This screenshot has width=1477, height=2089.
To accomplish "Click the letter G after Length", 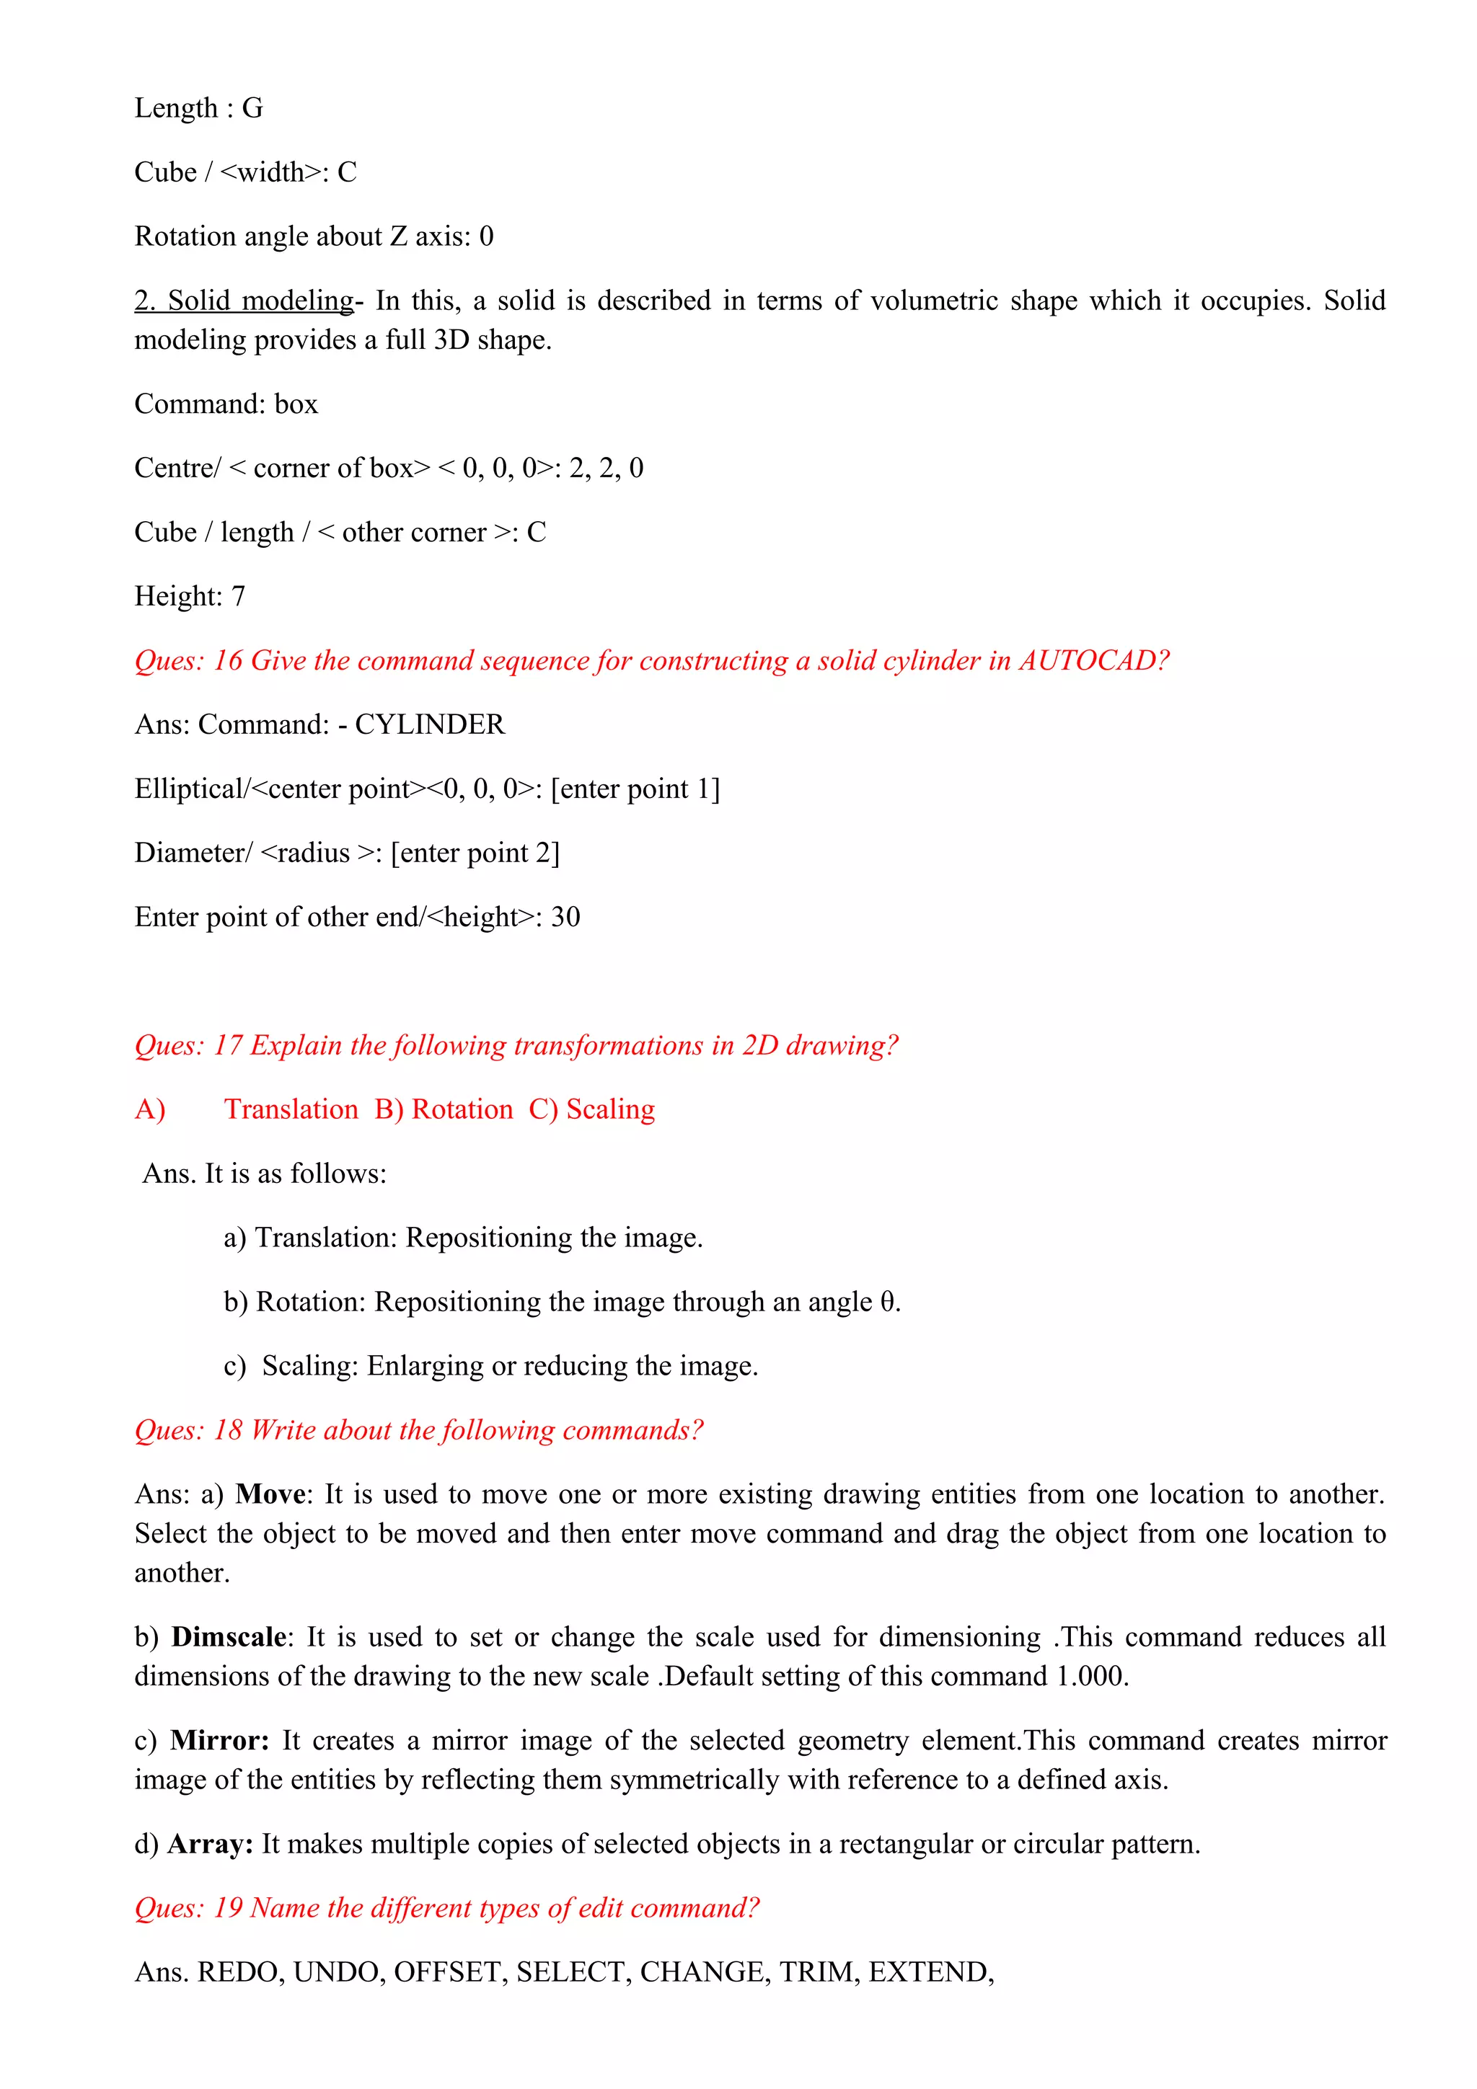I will [252, 108].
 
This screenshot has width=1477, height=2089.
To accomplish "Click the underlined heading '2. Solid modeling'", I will [244, 301].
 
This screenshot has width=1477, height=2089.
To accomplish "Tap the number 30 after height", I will [565, 917].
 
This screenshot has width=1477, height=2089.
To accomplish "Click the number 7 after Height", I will [239, 597].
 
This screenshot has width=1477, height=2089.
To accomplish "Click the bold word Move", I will [270, 1494].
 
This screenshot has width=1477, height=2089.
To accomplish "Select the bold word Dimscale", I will [229, 1637].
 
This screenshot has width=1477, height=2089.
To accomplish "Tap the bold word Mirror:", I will [219, 1741].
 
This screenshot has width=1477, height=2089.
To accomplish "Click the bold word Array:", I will [210, 1844].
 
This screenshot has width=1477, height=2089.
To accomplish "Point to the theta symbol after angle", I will [887, 1302].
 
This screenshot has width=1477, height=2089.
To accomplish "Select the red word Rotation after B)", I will [462, 1109].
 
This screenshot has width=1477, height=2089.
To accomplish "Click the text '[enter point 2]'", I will [475, 853].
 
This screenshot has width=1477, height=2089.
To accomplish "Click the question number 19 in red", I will [227, 1908].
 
